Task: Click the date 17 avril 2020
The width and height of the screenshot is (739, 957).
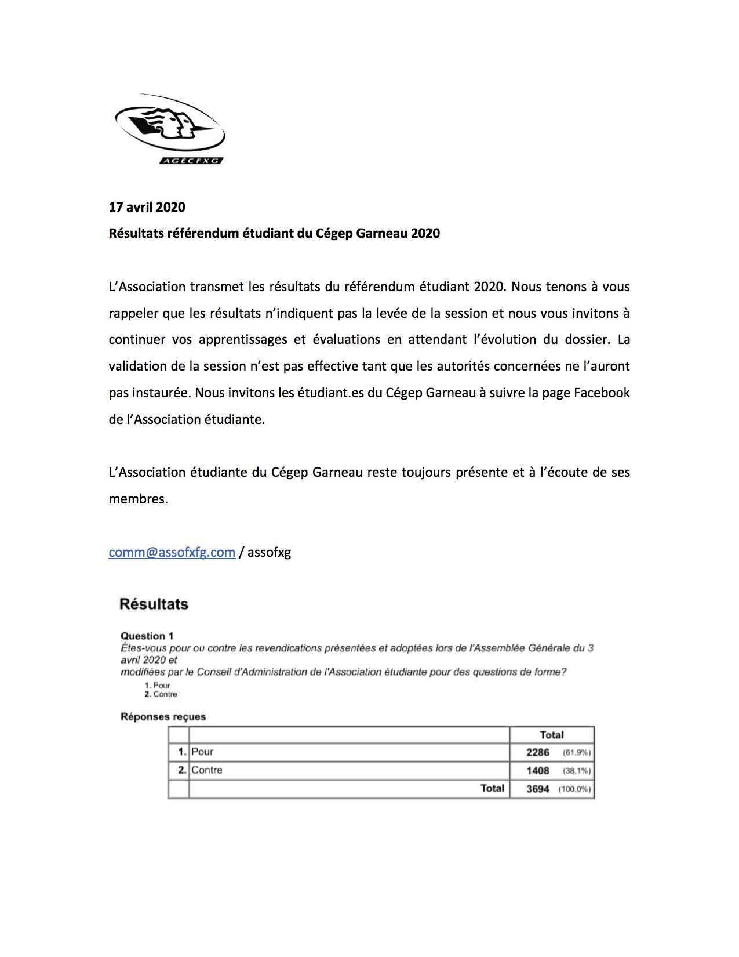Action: tap(147, 207)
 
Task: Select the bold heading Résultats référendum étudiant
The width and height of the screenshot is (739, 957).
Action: tap(274, 233)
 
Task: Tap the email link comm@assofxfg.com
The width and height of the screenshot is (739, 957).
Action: tap(172, 552)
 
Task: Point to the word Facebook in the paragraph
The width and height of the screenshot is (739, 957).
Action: tap(602, 393)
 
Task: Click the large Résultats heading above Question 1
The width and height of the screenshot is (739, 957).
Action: tap(154, 604)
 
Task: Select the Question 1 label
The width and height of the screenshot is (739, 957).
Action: tap(147, 636)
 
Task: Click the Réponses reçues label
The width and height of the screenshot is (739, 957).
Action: tap(163, 717)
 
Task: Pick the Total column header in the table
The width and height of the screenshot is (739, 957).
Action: tap(552, 735)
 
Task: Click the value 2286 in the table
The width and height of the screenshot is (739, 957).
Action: tap(538, 752)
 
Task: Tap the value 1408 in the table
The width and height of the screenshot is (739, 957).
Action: tap(538, 771)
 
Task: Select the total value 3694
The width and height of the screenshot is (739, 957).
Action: tap(538, 789)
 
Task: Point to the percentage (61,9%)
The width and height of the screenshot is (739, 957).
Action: tap(577, 753)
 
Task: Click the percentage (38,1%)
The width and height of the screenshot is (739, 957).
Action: tap(577, 771)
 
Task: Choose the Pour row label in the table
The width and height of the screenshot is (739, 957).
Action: tap(202, 752)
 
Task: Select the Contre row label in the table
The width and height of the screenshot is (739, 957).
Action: tap(207, 770)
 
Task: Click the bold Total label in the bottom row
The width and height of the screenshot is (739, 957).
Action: tap(492, 788)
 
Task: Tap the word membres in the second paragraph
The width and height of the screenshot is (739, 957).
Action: tap(138, 499)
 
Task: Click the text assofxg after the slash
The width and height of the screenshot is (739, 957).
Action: tap(269, 552)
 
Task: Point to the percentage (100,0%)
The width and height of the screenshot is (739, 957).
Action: tap(575, 789)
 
